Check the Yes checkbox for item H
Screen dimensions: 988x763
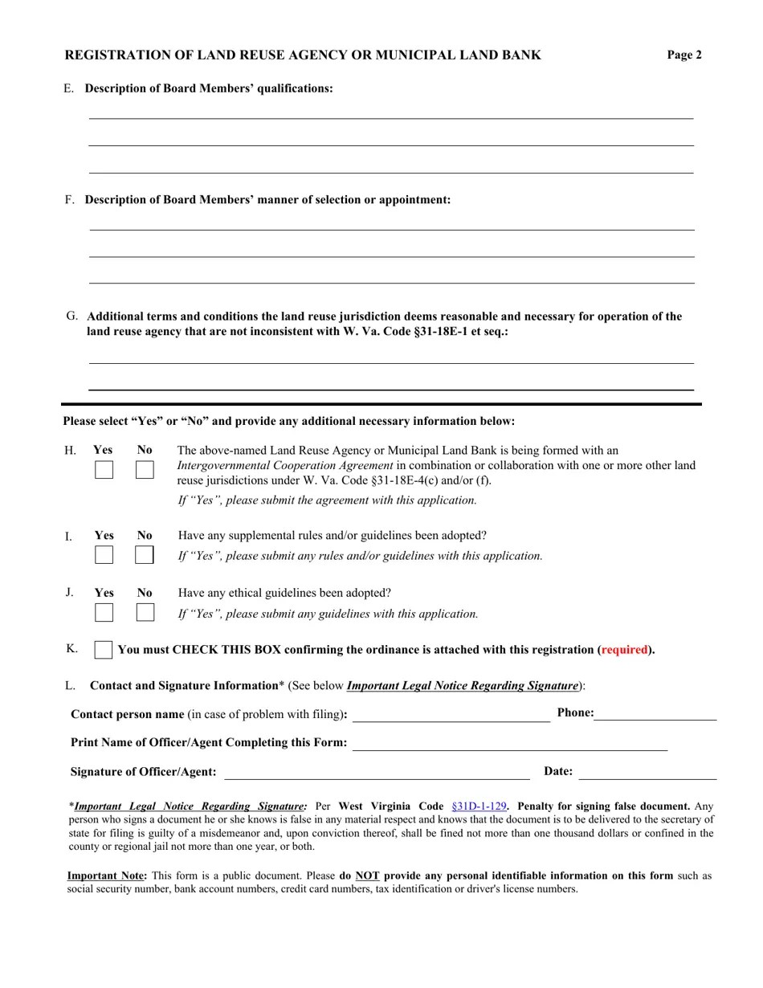tap(104, 470)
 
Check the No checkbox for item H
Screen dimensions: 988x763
tap(145, 470)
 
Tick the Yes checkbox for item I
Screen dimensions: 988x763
tap(104, 555)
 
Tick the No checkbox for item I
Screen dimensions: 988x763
tap(145, 555)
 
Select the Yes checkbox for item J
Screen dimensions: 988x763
tap(104, 613)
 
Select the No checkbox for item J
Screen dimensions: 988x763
tap(145, 613)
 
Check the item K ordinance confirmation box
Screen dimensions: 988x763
tap(103, 650)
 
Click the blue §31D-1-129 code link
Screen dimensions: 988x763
tap(479, 806)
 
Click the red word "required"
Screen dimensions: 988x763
tap(625, 650)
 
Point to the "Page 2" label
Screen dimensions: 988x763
tap(684, 55)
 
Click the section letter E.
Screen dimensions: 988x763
tap(68, 88)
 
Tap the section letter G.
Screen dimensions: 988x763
tap(71, 316)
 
